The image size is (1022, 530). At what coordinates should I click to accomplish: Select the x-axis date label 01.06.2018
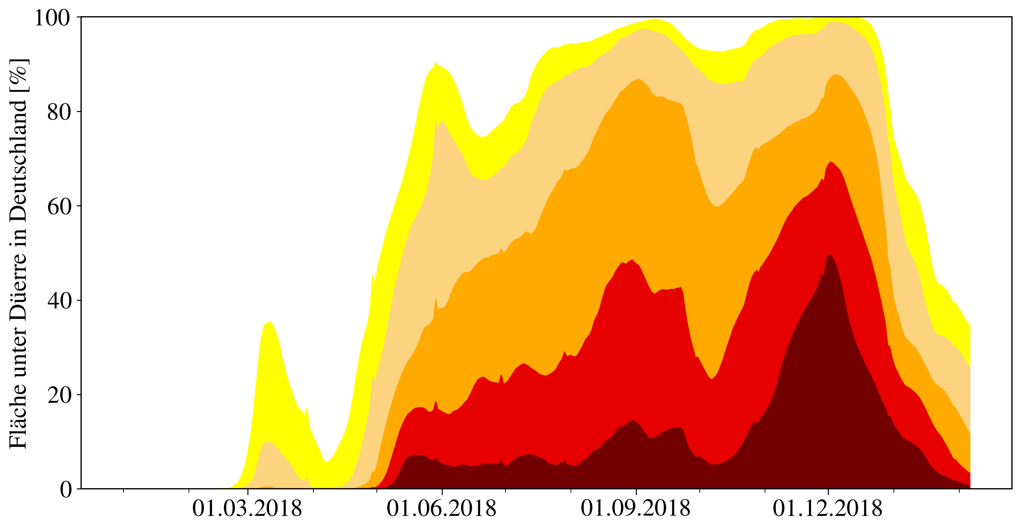(441, 508)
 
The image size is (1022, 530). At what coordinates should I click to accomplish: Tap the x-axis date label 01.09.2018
(636, 508)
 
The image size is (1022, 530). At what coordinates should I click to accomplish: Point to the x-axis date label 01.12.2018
(827, 508)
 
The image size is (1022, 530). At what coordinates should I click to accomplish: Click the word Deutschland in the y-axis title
(18, 161)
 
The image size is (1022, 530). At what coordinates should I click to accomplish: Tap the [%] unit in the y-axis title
(18, 75)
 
